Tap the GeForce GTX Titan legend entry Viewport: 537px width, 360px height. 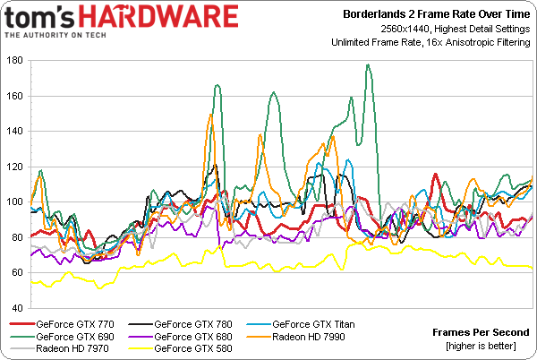click(x=311, y=323)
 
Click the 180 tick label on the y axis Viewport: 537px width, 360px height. click(x=15, y=61)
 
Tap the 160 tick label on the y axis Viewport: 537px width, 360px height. click(x=15, y=96)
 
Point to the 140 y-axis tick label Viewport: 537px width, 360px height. click(x=15, y=132)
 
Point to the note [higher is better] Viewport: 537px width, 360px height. click(x=488, y=345)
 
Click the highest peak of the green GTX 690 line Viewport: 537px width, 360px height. click(x=368, y=65)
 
